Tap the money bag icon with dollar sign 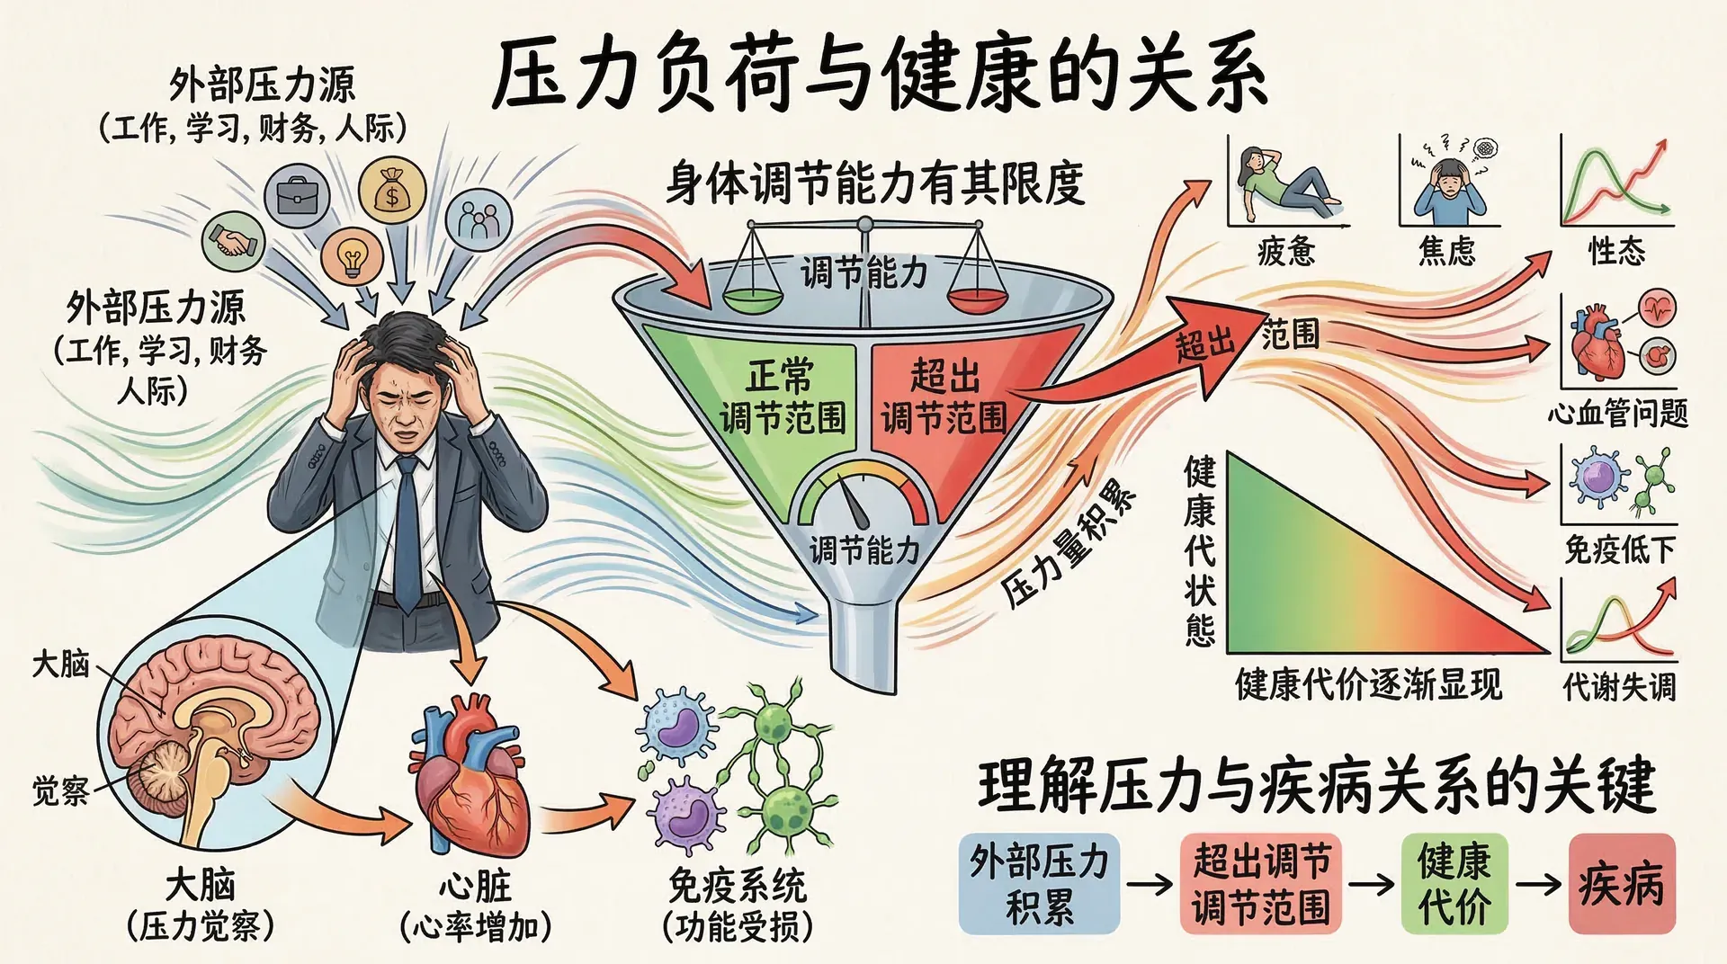[391, 190]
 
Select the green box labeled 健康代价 [1454, 884]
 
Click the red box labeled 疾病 [1621, 884]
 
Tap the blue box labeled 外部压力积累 [1039, 884]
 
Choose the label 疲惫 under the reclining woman [1285, 251]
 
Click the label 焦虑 [1446, 251]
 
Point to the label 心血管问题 [1617, 413]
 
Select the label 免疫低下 [1619, 549]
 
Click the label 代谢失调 [1619, 687]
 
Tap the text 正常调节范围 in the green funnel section [783, 397]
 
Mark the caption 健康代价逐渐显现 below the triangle [1368, 685]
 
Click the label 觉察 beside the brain [60, 790]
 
